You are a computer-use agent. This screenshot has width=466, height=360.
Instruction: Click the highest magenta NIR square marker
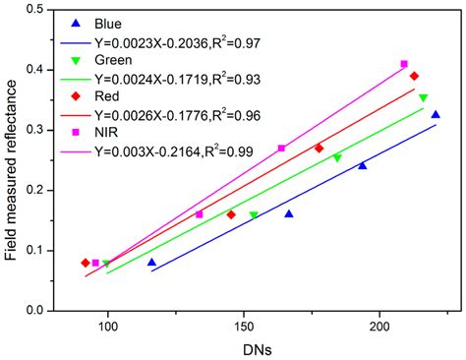pos(404,64)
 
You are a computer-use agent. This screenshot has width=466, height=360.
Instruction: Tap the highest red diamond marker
pos(414,76)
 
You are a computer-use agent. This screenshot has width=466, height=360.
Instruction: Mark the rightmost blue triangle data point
pos(436,115)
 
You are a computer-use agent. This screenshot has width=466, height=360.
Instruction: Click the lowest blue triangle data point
pos(151,262)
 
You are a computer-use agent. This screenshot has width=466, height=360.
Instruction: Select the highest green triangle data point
pos(423,98)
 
